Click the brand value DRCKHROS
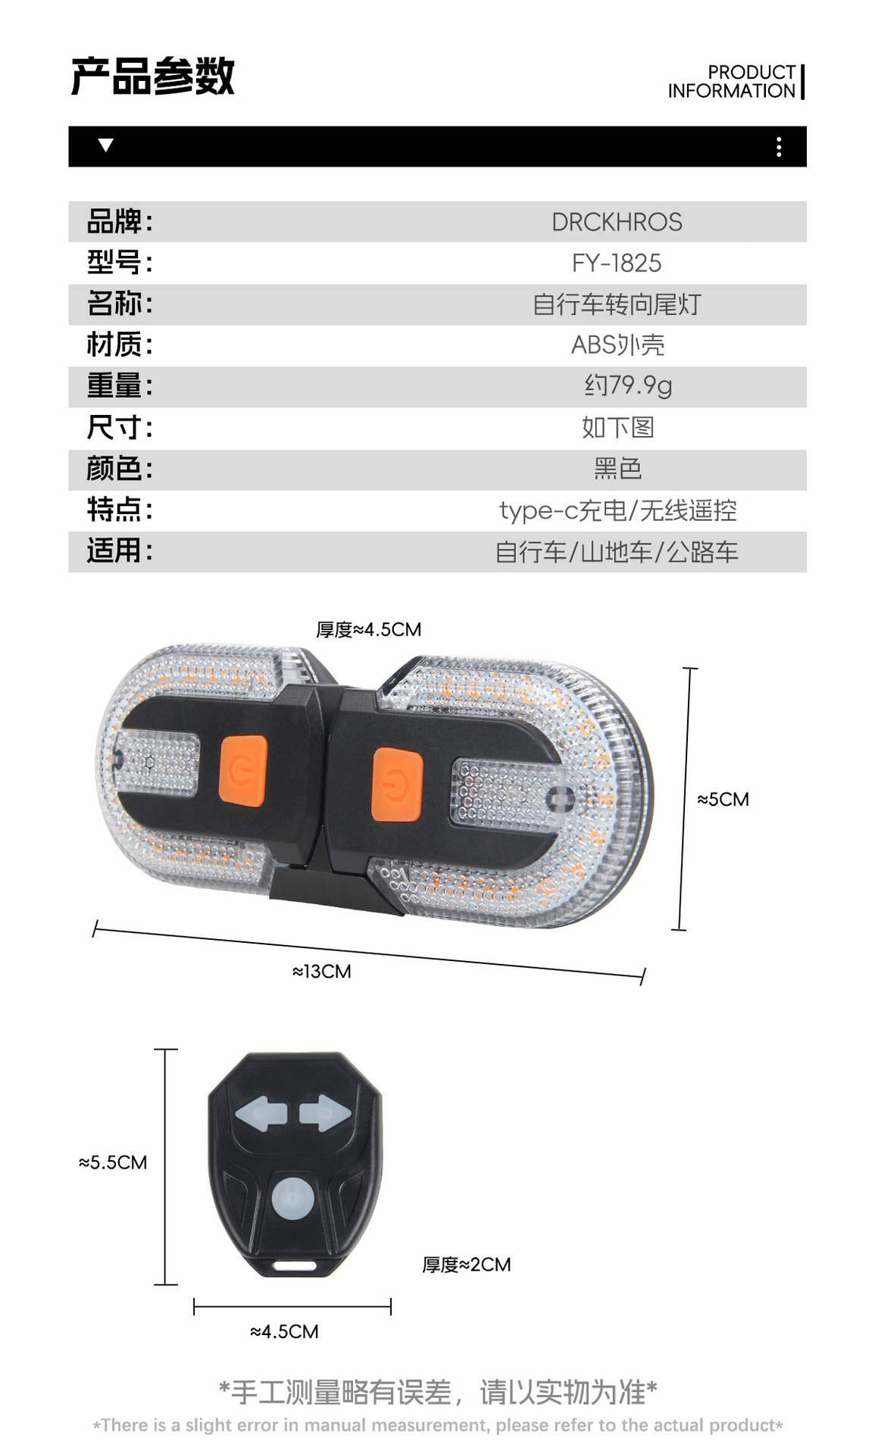tap(617, 222)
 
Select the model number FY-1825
tap(617, 263)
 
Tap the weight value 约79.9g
tap(628, 385)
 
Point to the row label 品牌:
tap(120, 222)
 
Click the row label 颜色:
tap(120, 468)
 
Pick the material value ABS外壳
tap(617, 345)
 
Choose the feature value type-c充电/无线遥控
tap(617, 510)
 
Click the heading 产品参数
tap(153, 76)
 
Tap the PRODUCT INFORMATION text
tap(732, 82)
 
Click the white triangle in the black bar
tap(106, 145)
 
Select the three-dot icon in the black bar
tap(779, 147)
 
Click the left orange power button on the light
tap(243, 771)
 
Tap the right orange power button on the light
tap(396, 785)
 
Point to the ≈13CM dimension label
tap(322, 972)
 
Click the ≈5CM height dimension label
tap(723, 800)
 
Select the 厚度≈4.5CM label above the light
tap(368, 629)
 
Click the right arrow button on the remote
tap(325, 1113)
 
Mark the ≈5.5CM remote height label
tap(113, 1162)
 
